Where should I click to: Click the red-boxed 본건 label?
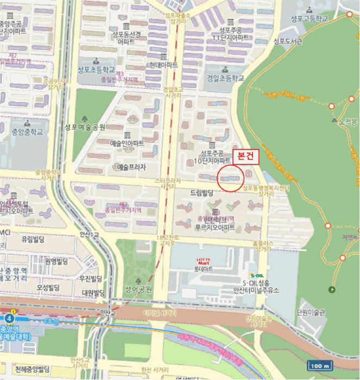point(247,156)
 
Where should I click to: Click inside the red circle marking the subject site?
point(230,178)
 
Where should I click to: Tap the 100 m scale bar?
point(320,366)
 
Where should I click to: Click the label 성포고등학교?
point(309,18)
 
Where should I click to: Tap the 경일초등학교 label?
point(225,78)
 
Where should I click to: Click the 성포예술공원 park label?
point(84,127)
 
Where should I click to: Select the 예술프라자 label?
point(132,167)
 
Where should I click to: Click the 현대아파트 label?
point(163,65)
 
